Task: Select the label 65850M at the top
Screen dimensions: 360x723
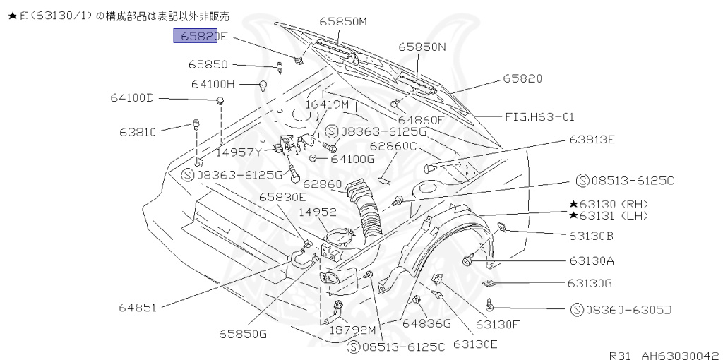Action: [x=343, y=22]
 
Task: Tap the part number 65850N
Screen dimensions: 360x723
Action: [x=422, y=47]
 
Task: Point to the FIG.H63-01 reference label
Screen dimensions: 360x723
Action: [x=539, y=116]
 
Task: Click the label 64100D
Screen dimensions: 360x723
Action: [x=131, y=97]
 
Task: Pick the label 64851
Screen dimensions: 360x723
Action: [x=138, y=307]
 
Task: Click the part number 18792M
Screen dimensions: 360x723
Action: [x=353, y=329]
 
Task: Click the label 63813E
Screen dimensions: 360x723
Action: [x=592, y=140]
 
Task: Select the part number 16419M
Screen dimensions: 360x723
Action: [x=327, y=104]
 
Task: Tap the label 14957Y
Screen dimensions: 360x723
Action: [x=239, y=151]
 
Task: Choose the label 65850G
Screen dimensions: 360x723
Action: [x=242, y=333]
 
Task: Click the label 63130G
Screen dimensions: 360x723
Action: [x=589, y=283]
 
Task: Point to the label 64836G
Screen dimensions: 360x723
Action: [x=426, y=323]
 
